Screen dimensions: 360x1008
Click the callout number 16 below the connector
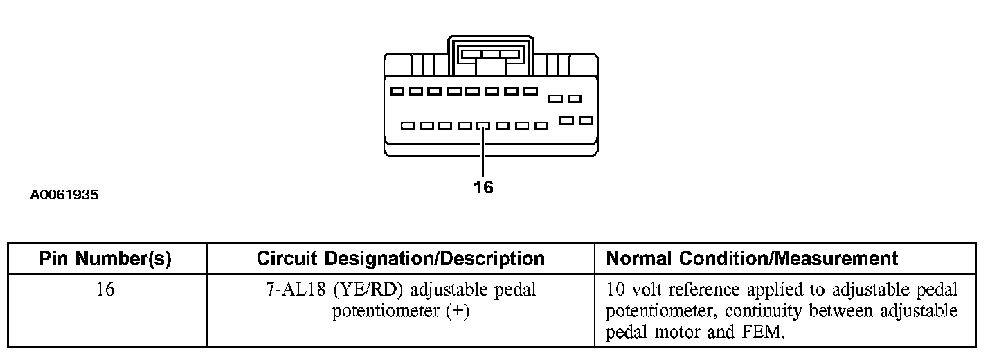point(483,187)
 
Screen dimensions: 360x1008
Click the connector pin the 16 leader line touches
point(483,127)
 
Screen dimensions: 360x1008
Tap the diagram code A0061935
point(64,195)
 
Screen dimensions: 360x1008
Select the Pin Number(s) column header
point(105,259)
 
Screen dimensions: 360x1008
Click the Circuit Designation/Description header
point(400,259)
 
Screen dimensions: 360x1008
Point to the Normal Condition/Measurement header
point(752,259)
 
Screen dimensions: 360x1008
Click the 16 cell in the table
point(105,289)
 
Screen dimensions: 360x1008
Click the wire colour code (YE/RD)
point(356,289)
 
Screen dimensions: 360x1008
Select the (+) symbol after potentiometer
point(456,312)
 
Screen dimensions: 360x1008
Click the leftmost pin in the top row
point(397,91)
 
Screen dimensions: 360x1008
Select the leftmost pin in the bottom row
point(408,127)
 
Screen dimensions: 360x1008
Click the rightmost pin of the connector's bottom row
point(586,121)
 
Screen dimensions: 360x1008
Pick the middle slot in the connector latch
point(491,54)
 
